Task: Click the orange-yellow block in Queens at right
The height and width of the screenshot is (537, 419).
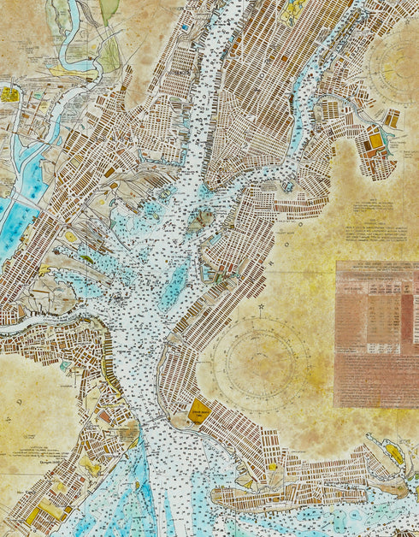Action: coord(375,140)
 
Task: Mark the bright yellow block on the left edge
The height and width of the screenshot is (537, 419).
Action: coord(9,94)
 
